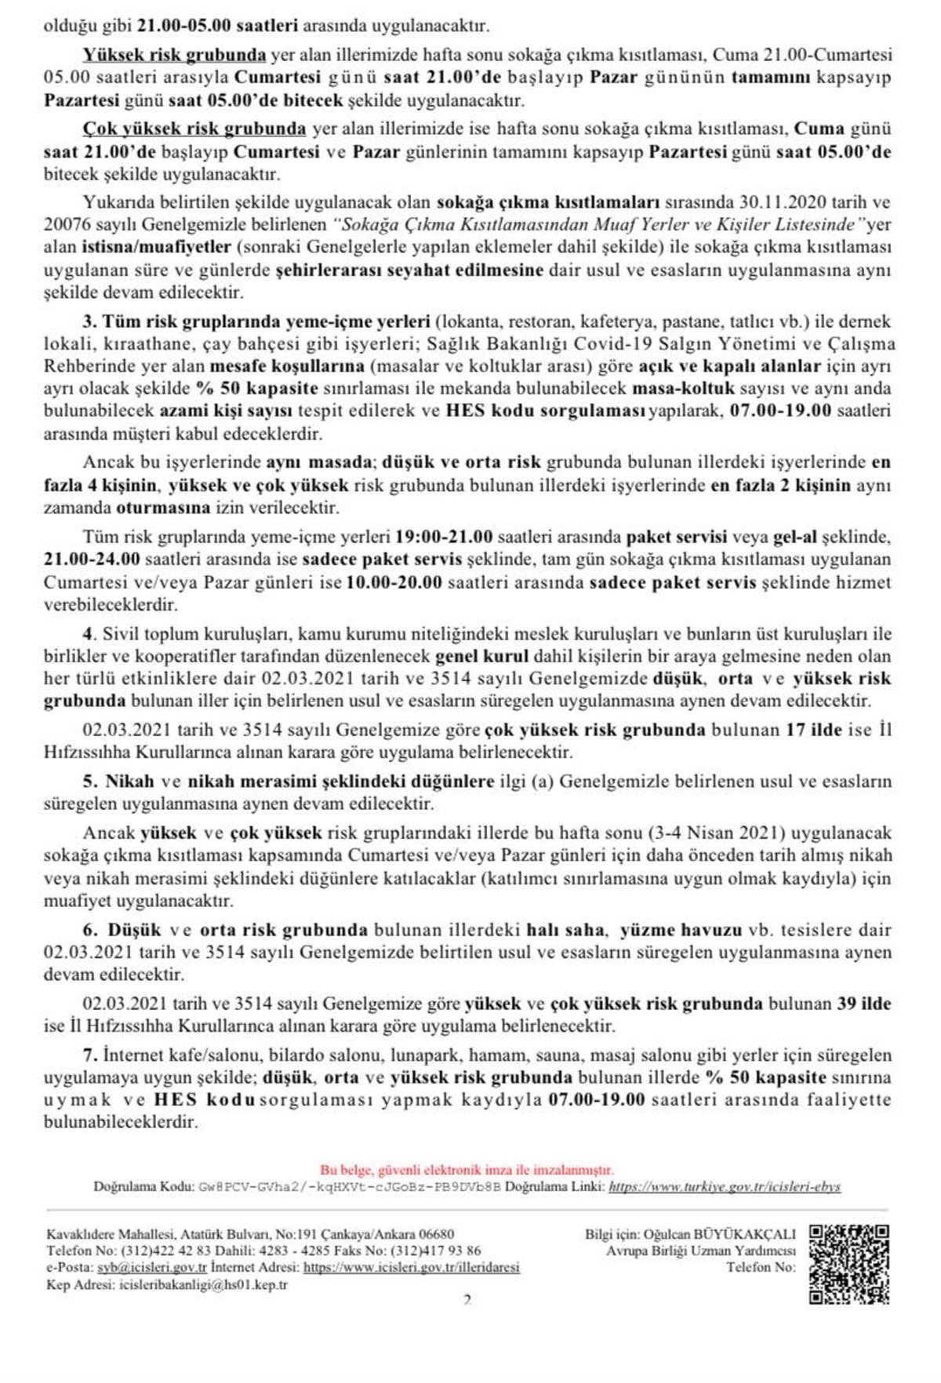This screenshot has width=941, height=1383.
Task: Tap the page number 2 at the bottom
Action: [x=467, y=1300]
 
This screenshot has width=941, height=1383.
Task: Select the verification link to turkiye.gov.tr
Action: [x=725, y=1187]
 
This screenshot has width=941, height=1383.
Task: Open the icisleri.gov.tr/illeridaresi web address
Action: [x=411, y=1266]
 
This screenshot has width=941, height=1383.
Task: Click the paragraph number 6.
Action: [x=89, y=931]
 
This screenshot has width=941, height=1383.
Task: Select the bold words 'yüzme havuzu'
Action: [x=670, y=931]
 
